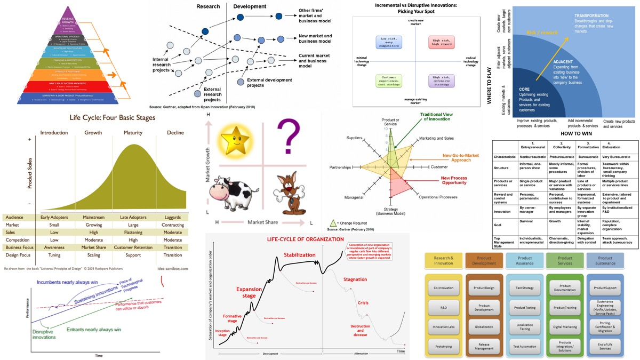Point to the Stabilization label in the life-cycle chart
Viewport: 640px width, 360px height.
point(300,255)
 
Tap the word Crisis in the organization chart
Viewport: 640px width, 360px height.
point(363,302)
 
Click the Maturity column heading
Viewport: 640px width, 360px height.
point(137,132)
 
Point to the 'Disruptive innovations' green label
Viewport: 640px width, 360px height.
point(43,334)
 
